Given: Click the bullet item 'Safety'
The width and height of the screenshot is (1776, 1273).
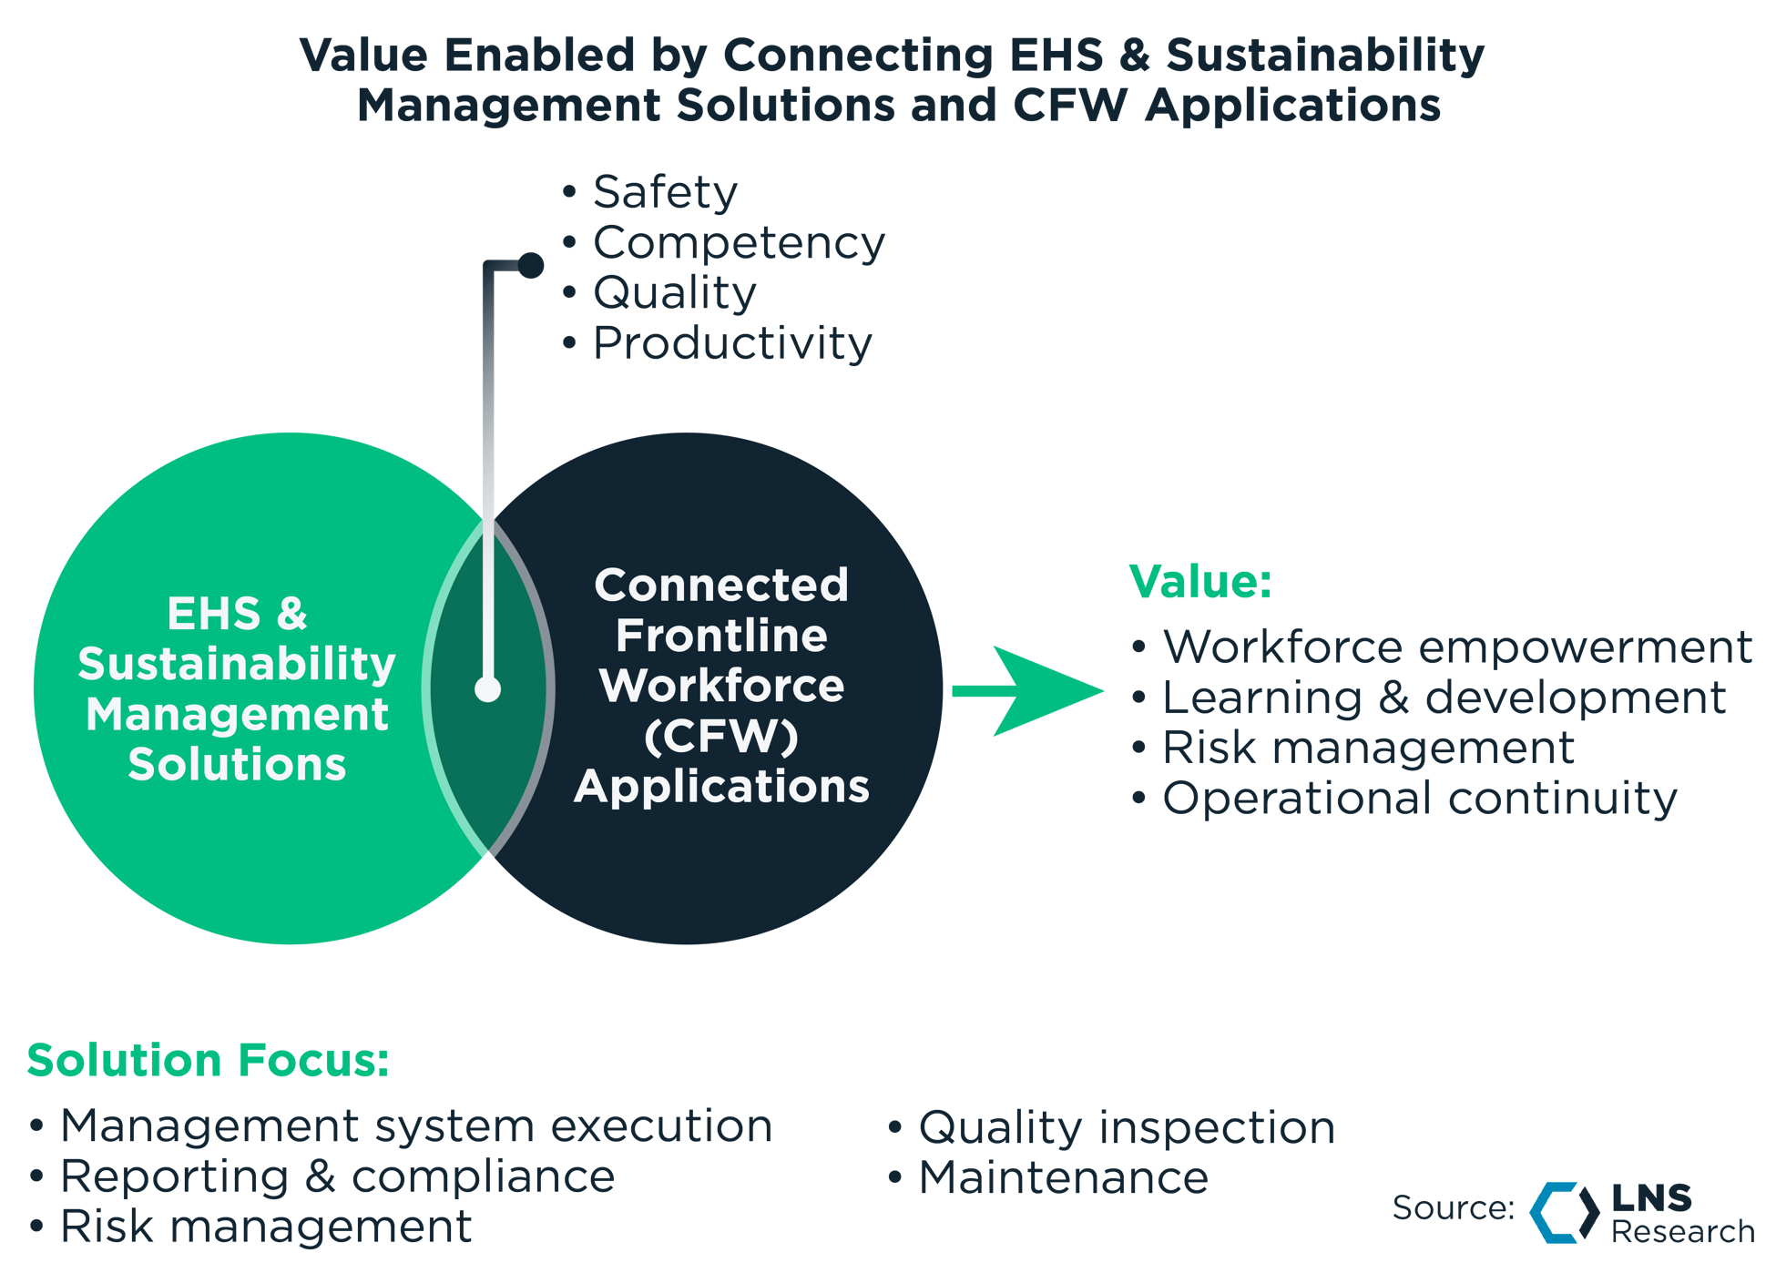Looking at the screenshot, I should (664, 192).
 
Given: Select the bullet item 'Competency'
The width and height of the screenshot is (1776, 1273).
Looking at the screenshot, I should (738, 243).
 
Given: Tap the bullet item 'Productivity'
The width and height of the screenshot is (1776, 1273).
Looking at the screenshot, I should (731, 343).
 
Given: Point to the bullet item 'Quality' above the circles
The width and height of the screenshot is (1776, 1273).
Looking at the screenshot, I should (674, 293).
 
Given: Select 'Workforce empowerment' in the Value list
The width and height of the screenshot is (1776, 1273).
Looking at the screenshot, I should (1456, 647).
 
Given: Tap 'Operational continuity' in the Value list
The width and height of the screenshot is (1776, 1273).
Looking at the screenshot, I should (1419, 799).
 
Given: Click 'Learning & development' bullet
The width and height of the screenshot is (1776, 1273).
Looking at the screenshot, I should (1443, 698).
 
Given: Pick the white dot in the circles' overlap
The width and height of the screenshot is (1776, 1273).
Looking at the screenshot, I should (488, 689).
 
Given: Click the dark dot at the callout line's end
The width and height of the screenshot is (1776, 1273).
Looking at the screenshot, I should (531, 265).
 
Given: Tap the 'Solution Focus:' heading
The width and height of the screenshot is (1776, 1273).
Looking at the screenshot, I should (208, 1061).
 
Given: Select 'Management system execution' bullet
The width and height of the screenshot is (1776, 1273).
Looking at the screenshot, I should (415, 1126).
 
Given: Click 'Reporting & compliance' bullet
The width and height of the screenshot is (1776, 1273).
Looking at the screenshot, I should (337, 1176).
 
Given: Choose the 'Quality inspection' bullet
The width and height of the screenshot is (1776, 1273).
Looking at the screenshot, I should (1126, 1128).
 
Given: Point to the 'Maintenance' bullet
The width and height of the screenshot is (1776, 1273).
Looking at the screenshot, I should (1062, 1178).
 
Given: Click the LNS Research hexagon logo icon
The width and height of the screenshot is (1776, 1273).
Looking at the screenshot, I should (1564, 1211).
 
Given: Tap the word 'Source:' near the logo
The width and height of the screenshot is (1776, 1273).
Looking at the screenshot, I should (1453, 1208).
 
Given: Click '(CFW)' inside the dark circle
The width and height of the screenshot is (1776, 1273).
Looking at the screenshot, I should (720, 736).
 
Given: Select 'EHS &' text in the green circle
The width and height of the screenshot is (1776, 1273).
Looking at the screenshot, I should (237, 614).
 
